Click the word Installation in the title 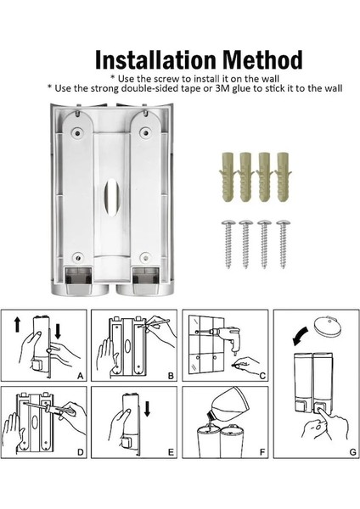pos(155,59)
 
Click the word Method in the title pos(262,59)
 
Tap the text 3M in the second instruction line pos(222,88)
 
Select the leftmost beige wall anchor pos(228,176)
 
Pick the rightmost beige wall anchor pos(284,176)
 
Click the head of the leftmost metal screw pos(228,222)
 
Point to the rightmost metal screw pos(284,244)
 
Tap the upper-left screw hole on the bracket pos(78,132)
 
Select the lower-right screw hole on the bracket pos(145,258)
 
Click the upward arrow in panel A pos(17,325)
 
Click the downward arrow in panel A pos(58,331)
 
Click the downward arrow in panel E pos(147,409)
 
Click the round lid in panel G pos(328,326)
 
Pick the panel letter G pos(352,452)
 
